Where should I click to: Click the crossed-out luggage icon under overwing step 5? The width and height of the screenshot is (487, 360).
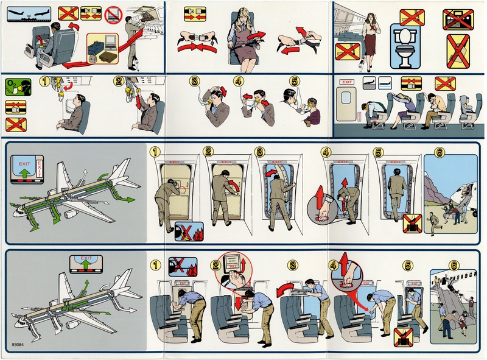pyautogui.click(x=402, y=336)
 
